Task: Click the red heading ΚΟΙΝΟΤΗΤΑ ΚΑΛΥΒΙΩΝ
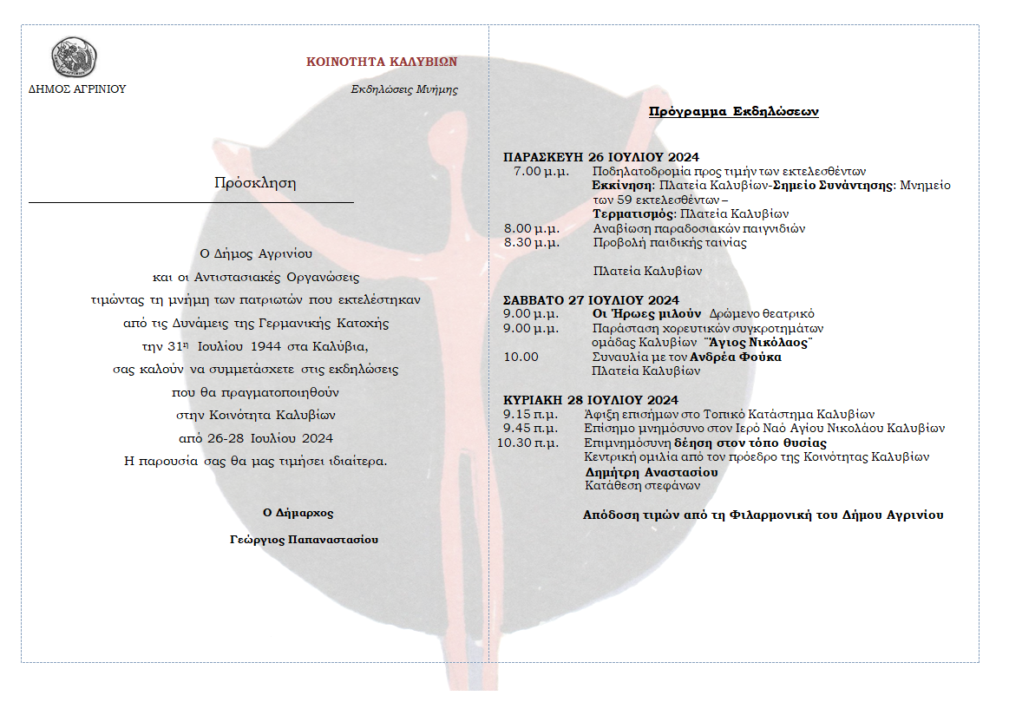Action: point(382,62)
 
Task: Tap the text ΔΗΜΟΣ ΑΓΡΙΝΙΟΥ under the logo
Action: point(77,89)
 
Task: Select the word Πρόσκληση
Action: point(255,183)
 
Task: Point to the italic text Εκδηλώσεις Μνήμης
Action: point(404,89)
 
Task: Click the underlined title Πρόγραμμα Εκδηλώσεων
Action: point(733,112)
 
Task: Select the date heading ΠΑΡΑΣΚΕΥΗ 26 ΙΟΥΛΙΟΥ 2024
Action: point(600,157)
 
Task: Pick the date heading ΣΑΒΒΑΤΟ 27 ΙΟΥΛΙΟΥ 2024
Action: point(591,300)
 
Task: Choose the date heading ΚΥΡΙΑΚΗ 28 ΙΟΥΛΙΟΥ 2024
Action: point(591,400)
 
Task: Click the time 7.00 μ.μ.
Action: point(540,171)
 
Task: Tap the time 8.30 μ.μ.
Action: point(531,243)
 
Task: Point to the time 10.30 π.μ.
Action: point(527,443)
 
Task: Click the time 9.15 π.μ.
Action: point(530,414)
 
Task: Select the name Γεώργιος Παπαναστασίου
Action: point(304,539)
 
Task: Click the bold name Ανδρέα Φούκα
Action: point(736,357)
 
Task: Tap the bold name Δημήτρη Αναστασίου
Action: point(652,472)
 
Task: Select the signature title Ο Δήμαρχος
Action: point(298,513)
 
